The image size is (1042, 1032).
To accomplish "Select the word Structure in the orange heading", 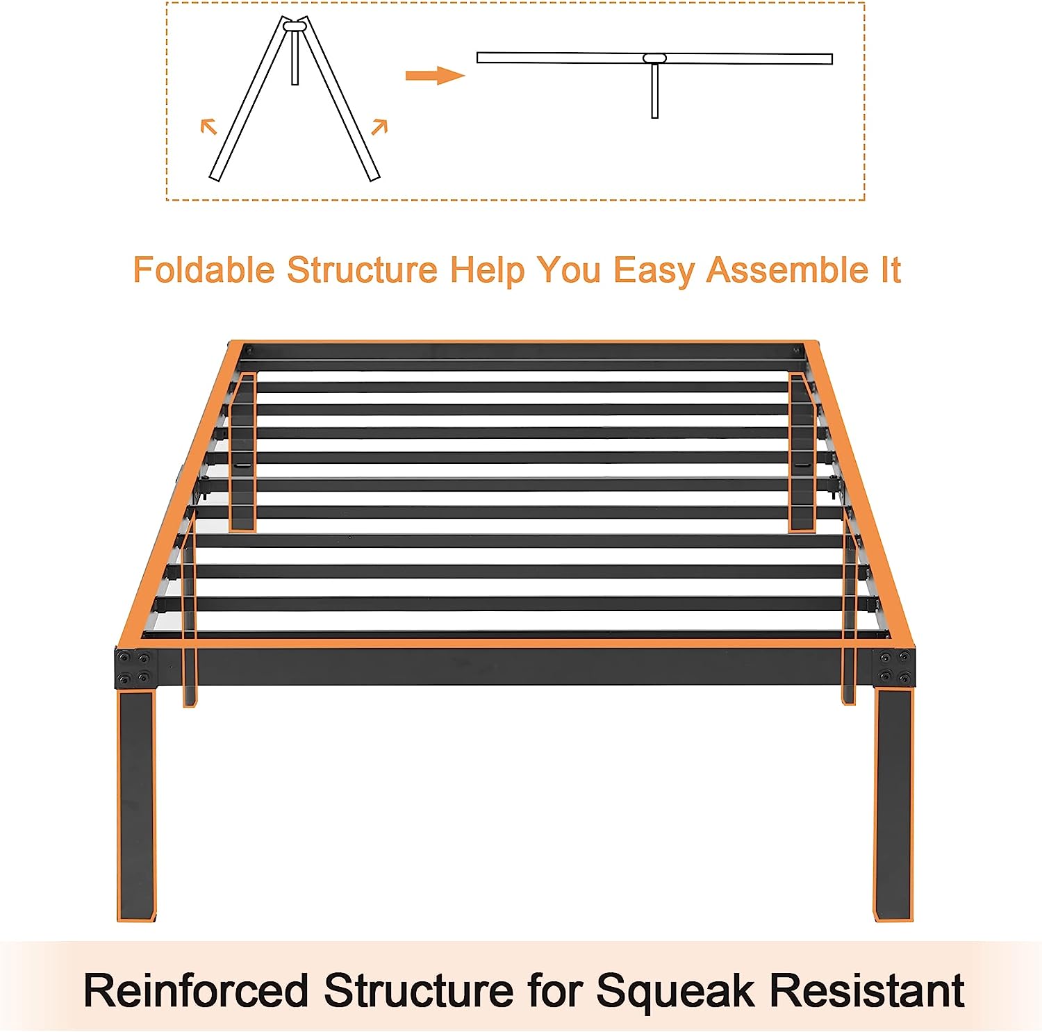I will click(x=362, y=269).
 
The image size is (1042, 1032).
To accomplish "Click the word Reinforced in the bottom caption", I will click(x=196, y=990).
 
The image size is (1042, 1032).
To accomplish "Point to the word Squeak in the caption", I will click(x=675, y=990).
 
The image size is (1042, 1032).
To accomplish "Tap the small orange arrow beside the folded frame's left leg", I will click(x=208, y=126).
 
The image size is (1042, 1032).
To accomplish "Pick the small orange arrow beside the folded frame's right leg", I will click(x=379, y=126).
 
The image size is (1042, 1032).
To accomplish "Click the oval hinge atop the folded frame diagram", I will click(x=295, y=26).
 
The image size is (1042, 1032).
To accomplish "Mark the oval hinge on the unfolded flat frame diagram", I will click(x=654, y=58).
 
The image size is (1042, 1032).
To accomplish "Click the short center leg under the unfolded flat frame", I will click(x=654, y=91).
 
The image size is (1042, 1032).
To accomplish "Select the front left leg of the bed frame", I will click(x=136, y=806).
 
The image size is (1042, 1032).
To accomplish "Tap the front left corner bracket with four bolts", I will click(x=135, y=667).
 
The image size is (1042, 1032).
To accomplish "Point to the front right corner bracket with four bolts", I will click(x=894, y=667).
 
